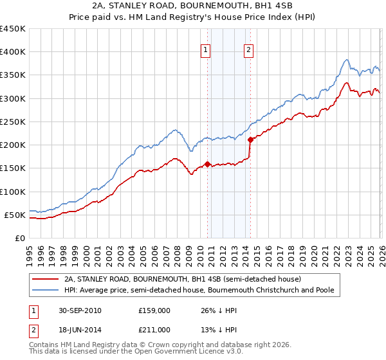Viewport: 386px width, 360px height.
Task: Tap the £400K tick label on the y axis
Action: [x=12, y=52]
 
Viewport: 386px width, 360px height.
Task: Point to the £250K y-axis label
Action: [x=12, y=122]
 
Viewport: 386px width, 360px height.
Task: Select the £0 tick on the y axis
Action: [x=19, y=238]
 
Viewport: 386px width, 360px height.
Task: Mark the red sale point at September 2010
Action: [x=208, y=163]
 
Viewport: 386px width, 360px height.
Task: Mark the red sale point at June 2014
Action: [x=250, y=139]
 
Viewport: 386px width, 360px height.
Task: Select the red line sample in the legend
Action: [x=46, y=279]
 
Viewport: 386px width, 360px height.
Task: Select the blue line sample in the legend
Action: [x=46, y=290]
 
